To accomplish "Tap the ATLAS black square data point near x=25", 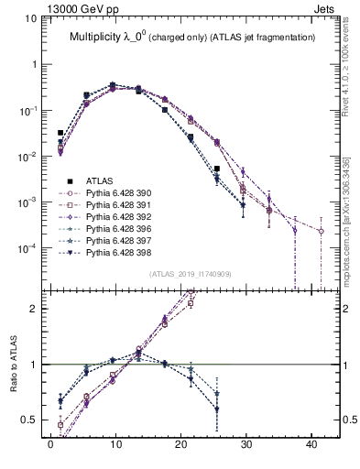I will tap(217, 169).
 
